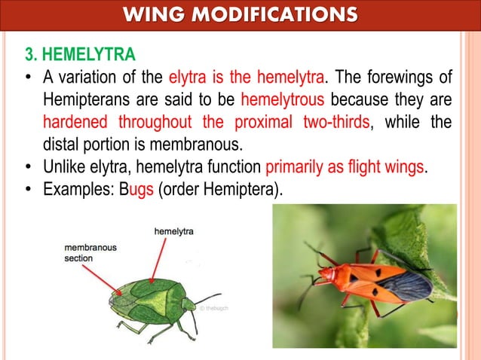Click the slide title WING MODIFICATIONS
[240, 14]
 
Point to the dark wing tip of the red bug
[408, 285]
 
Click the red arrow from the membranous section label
[105, 278]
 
